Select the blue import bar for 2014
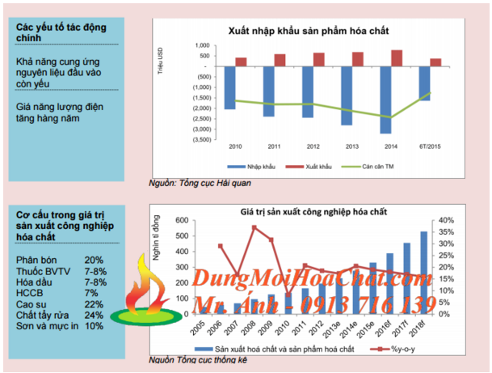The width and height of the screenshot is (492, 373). click(x=385, y=99)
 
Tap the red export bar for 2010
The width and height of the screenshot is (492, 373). click(x=242, y=61)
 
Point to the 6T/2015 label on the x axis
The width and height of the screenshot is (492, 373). click(x=431, y=146)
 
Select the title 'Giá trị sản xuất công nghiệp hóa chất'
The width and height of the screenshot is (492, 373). click(x=313, y=211)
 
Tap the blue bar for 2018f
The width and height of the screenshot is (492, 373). click(x=423, y=273)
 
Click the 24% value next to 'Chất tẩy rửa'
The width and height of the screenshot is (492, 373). click(x=95, y=315)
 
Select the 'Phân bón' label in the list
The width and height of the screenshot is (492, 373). click(x=36, y=259)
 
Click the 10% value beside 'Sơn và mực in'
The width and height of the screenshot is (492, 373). click(x=94, y=326)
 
